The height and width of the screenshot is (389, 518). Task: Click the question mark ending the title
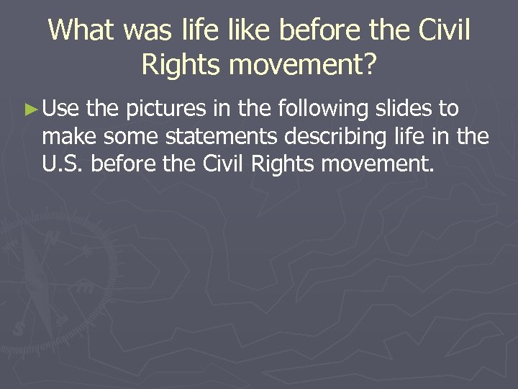(368, 65)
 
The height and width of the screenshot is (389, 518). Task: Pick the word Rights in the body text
(283, 166)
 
